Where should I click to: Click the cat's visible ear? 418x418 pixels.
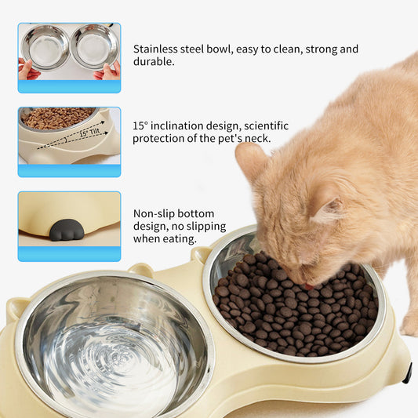coord(253,162)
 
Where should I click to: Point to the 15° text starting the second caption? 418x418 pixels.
coord(140,125)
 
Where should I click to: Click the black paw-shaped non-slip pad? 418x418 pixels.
coord(67,230)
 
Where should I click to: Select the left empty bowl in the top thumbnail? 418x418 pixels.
coord(45,46)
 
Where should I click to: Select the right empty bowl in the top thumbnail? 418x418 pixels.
coord(93,46)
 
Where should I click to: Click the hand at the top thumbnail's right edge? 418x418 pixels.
coord(109,71)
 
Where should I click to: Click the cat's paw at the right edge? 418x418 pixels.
coord(408,322)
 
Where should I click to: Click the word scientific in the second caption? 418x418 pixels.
coord(263,125)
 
